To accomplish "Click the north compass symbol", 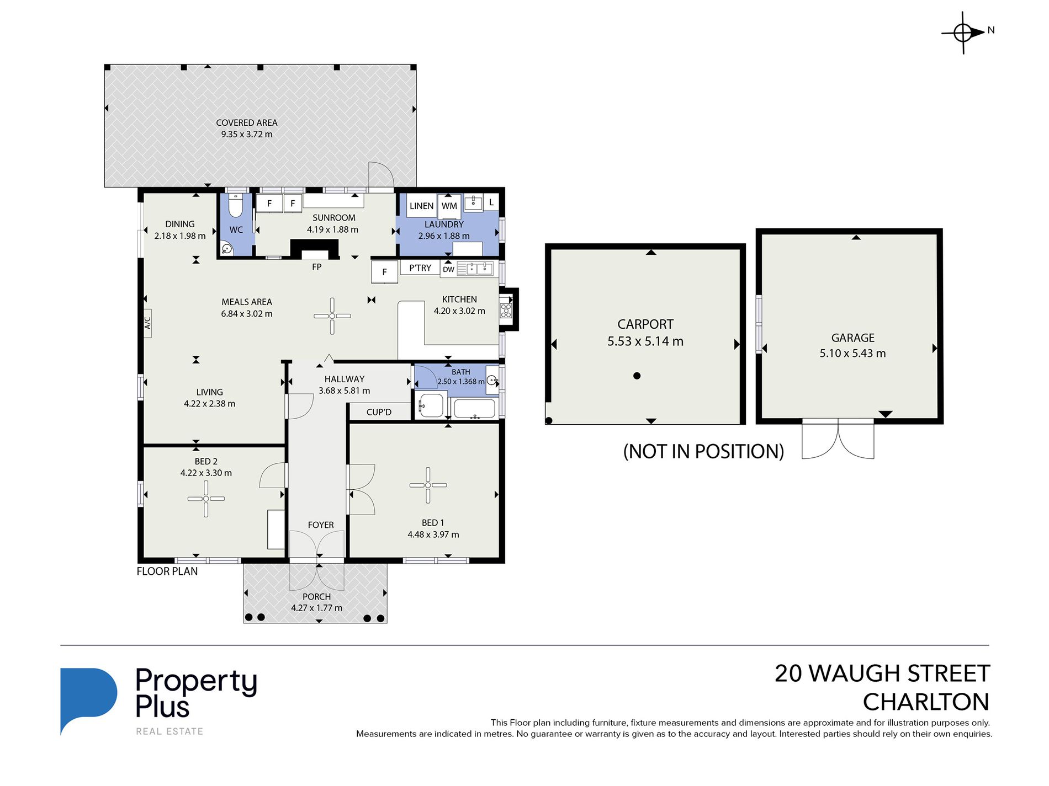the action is click(x=964, y=33).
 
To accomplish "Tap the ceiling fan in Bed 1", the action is click(x=428, y=485).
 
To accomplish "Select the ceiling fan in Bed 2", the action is click(x=206, y=499).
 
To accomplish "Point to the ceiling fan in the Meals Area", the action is click(x=332, y=316).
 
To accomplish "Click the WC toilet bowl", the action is click(x=236, y=205).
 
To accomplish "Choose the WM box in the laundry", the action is click(x=449, y=206).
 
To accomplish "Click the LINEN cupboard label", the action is click(x=422, y=206).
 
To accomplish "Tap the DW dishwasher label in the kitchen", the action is click(x=448, y=270).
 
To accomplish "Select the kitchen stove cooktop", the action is click(x=506, y=311).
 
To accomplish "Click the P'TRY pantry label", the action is click(x=420, y=268).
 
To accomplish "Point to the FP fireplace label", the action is click(x=317, y=267).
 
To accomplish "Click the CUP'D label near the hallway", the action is click(x=379, y=412).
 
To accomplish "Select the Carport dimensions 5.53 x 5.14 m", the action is click(x=645, y=341).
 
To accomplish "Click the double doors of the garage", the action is click(x=838, y=439).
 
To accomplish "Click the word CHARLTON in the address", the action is click(x=926, y=702).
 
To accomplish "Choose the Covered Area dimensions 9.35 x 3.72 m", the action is click(x=247, y=134).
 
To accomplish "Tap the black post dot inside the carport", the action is click(x=637, y=376).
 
